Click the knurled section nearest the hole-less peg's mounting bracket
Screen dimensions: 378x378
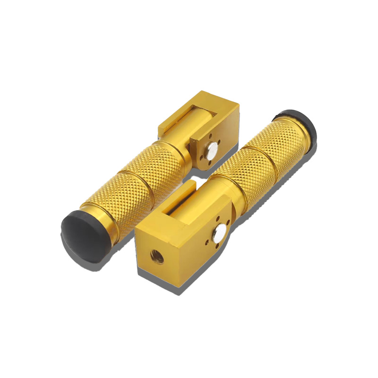tap(151, 161)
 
